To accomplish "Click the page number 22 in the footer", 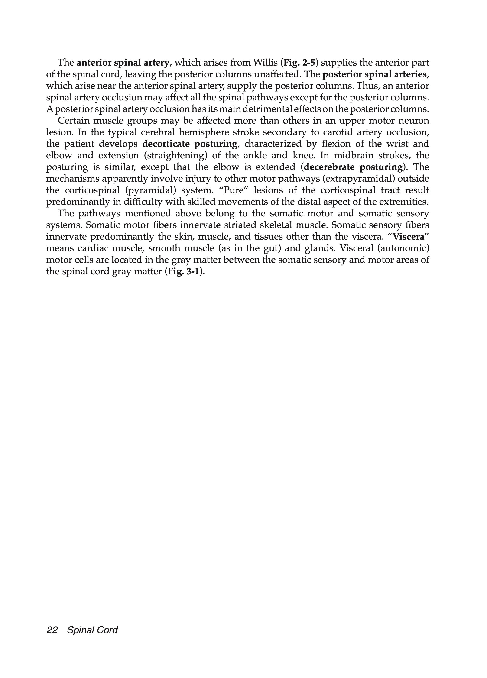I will pyautogui.click(x=52, y=630).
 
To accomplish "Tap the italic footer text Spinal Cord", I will pyautogui.click(x=92, y=630).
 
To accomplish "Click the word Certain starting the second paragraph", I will pyautogui.click(x=73, y=121).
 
